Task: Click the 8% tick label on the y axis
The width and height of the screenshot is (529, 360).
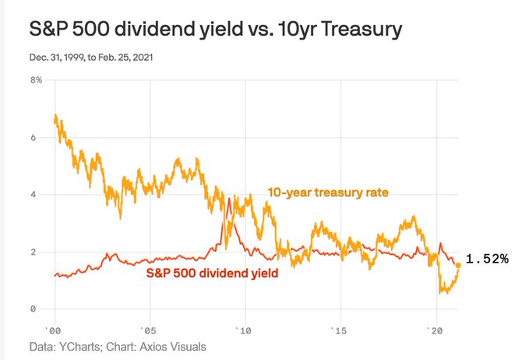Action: (36, 80)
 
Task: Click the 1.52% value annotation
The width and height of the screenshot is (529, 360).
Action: (487, 259)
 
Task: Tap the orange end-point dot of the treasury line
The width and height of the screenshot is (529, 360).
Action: (459, 265)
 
